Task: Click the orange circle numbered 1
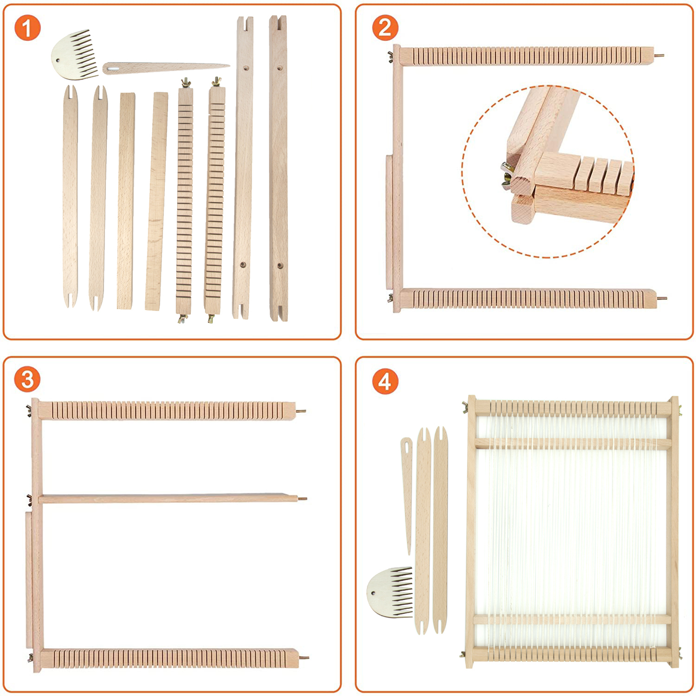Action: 27,28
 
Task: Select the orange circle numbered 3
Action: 27,379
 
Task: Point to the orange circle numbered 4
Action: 385,381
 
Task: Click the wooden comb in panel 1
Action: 74,55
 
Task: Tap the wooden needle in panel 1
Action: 166,68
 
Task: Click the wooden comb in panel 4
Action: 389,592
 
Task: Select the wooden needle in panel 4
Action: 407,496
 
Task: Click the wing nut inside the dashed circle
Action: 507,174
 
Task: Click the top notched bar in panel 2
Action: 527,57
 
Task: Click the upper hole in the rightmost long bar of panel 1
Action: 279,68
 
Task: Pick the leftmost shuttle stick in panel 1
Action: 70,196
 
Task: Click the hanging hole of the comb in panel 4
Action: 372,592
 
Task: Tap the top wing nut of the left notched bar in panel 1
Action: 186,82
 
